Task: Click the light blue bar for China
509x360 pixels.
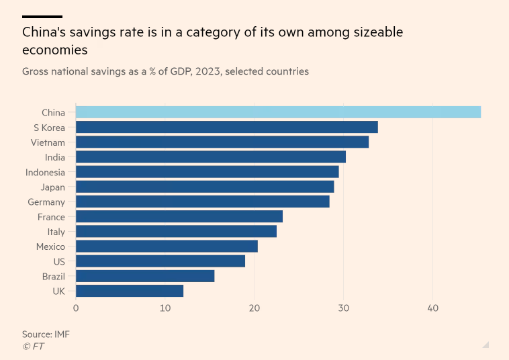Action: coord(278,112)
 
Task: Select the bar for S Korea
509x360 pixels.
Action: coord(227,127)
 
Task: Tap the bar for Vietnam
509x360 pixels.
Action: coord(222,142)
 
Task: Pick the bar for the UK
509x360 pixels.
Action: coord(130,291)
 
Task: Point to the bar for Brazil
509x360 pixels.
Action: coord(145,276)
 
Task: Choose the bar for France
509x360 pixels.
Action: coord(179,216)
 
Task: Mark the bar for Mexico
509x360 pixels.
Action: coord(167,246)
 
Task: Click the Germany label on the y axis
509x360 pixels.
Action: coord(46,202)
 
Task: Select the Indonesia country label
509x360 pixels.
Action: coord(45,173)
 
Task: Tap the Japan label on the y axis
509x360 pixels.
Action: coord(53,187)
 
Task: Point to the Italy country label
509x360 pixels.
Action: coord(56,232)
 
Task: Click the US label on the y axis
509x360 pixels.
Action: coord(59,262)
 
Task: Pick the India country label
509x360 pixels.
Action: coord(55,157)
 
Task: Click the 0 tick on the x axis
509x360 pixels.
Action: coord(76,308)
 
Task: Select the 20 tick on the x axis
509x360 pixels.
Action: coord(254,308)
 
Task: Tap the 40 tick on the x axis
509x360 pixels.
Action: coord(432,308)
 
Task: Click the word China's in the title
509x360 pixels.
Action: coord(44,32)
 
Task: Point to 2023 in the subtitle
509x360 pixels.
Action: coord(207,71)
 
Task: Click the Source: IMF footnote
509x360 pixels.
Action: coord(46,334)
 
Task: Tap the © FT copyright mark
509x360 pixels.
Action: coord(33,347)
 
